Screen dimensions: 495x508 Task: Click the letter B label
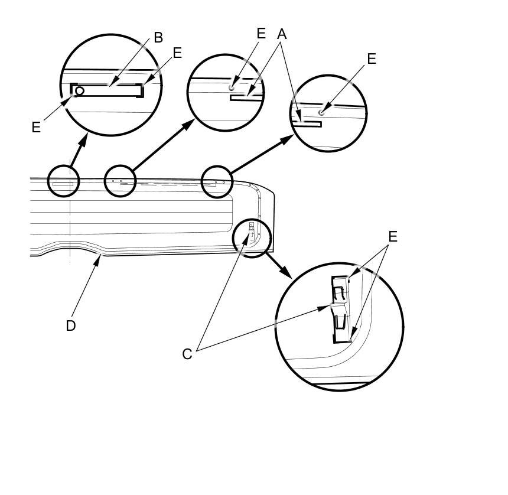pos(158,38)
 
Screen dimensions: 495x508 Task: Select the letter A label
pos(282,35)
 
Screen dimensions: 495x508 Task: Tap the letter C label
pos(187,354)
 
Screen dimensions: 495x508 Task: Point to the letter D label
pos(71,325)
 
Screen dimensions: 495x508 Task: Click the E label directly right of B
pos(177,53)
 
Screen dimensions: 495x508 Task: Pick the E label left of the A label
pos(262,34)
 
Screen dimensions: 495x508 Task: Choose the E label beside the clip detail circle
pos(392,237)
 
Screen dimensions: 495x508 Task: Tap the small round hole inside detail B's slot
pos(80,91)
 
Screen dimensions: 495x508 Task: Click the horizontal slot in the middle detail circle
pos(246,99)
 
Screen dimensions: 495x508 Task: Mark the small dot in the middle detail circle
pos(232,87)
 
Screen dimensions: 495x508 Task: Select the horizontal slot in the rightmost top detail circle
pos(309,124)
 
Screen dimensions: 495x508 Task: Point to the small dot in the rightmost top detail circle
pos(321,112)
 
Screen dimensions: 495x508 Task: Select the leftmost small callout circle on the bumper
pos(63,181)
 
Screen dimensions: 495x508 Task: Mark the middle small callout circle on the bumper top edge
pos(120,181)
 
